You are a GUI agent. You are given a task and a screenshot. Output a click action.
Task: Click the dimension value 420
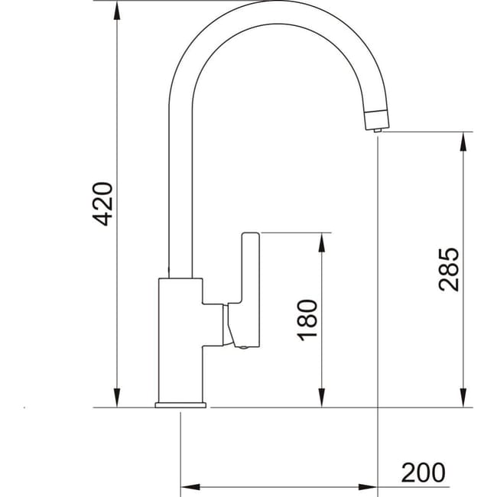click(x=102, y=203)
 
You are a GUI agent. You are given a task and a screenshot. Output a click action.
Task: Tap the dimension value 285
click(x=449, y=268)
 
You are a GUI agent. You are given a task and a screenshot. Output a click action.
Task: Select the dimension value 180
click(x=307, y=320)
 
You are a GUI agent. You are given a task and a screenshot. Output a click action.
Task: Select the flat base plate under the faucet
click(x=180, y=404)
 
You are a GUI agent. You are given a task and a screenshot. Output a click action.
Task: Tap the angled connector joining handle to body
click(x=227, y=325)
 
